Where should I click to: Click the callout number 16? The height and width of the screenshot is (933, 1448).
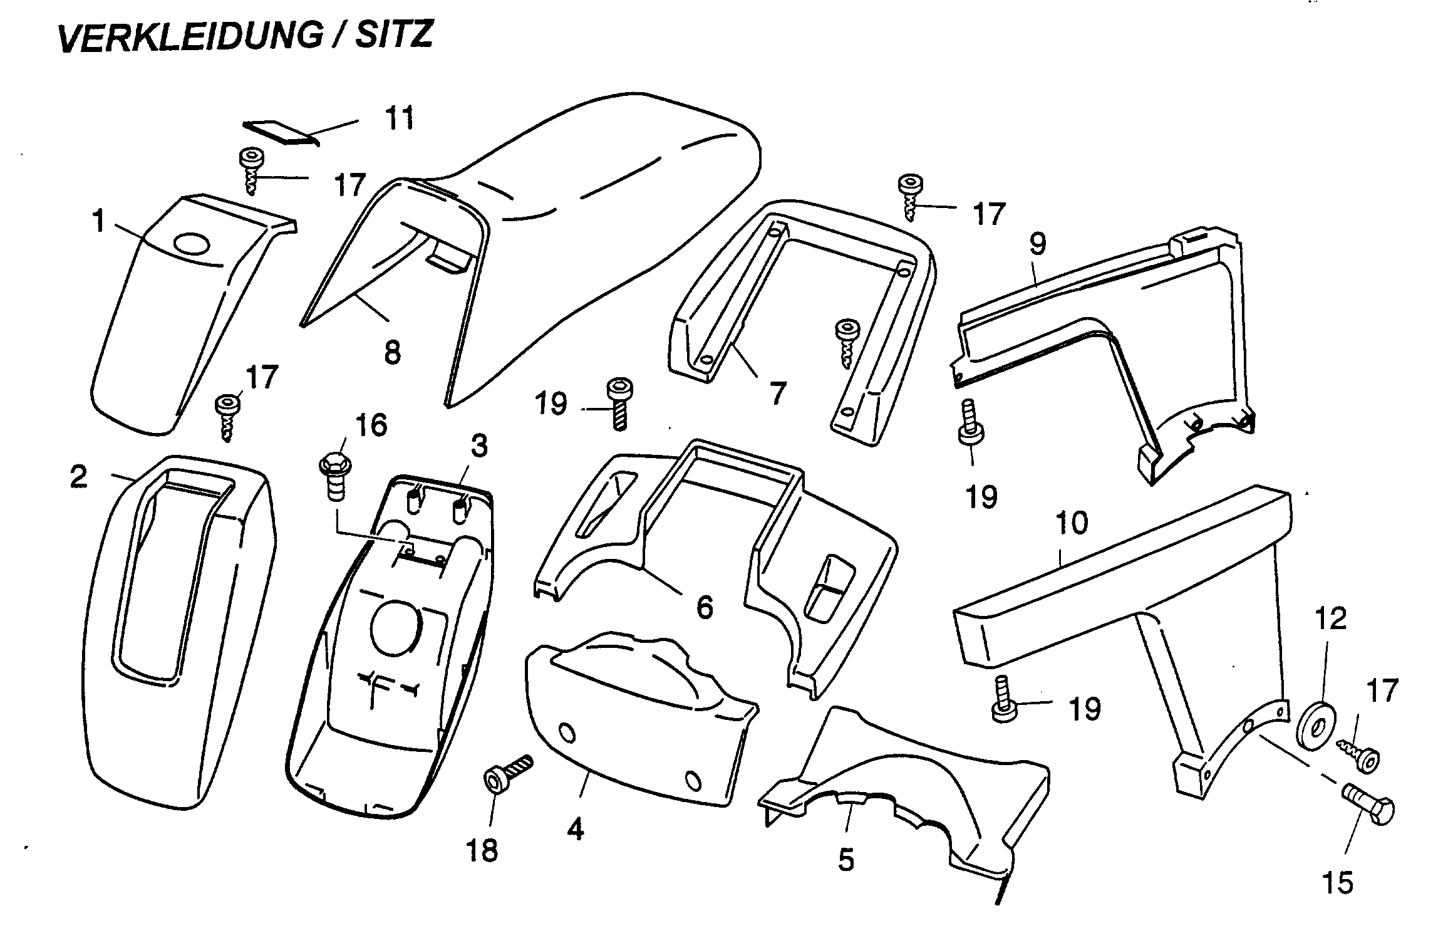tap(371, 425)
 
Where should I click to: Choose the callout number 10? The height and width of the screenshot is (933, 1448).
tap(1072, 523)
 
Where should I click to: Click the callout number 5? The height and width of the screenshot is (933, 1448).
tap(846, 860)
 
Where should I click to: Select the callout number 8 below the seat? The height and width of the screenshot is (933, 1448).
tap(392, 353)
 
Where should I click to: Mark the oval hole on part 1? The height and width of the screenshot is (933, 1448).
tap(193, 244)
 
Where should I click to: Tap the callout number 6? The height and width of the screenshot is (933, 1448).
tap(705, 607)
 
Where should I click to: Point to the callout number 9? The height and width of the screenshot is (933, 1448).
tap(1037, 244)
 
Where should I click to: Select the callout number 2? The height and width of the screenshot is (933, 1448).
tap(78, 478)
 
